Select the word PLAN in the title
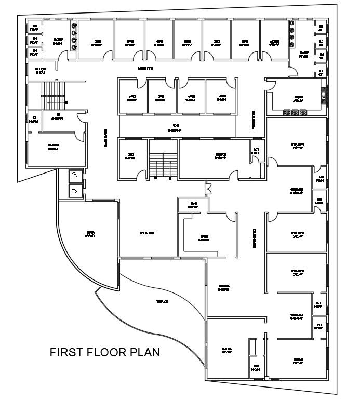[146, 353]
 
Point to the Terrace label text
[163, 302]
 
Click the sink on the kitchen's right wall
[324, 95]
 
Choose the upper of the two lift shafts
[74, 175]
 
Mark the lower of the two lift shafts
[74, 191]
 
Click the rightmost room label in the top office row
[274, 42]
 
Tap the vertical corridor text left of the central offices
[105, 138]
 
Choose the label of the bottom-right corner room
[298, 361]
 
